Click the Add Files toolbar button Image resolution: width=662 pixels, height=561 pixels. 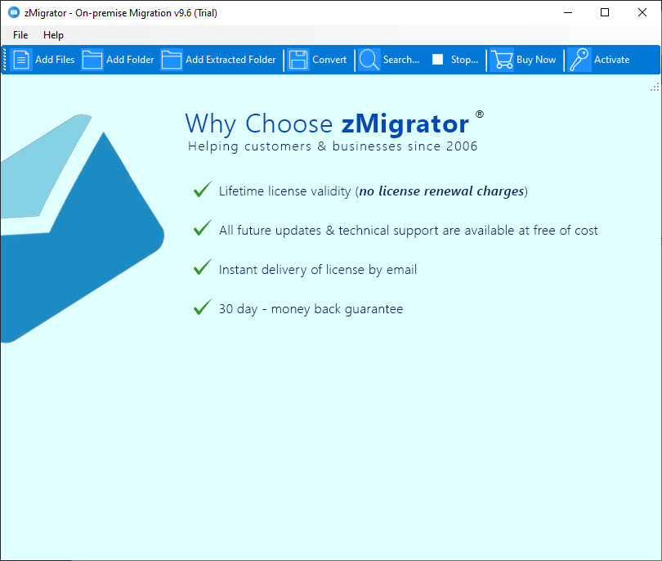[x=42, y=60]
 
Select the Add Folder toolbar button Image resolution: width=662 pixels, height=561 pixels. [x=118, y=60]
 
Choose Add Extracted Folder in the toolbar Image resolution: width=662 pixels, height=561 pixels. [x=218, y=60]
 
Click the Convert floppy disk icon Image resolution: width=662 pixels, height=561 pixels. [x=298, y=60]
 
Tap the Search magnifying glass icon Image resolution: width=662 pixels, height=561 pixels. [x=369, y=60]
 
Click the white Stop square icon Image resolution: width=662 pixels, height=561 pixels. [x=437, y=59]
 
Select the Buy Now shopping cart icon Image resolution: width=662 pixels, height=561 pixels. [x=502, y=60]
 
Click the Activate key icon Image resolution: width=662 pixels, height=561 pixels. [x=579, y=60]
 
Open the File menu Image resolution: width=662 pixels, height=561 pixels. [x=20, y=35]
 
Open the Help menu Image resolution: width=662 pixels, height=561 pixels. [x=53, y=35]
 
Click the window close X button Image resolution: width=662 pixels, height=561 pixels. [x=642, y=12]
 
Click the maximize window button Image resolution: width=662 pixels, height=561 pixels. [x=605, y=12]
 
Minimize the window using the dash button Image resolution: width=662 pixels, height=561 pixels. [x=568, y=12]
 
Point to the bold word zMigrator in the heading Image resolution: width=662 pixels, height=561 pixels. [x=405, y=123]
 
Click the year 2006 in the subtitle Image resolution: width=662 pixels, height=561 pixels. [x=462, y=146]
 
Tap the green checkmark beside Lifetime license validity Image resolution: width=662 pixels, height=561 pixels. [x=203, y=189]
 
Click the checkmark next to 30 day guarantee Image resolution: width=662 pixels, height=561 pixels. [x=203, y=307]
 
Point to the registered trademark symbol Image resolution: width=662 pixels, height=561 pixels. [x=480, y=114]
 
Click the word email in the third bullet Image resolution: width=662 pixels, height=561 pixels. [x=401, y=270]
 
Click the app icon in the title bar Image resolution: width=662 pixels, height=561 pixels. [x=14, y=12]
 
